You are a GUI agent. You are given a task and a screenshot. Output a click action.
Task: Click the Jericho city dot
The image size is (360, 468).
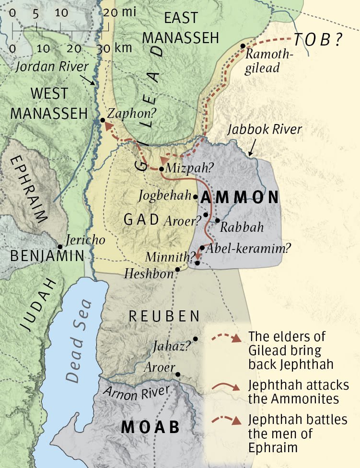click(x=60, y=247)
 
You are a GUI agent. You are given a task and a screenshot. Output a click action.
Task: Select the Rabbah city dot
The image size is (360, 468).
click(x=217, y=220)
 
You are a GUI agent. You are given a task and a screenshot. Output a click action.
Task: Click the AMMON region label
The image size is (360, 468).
click(x=239, y=197)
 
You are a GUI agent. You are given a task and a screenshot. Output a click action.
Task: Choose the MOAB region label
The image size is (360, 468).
click(x=151, y=427)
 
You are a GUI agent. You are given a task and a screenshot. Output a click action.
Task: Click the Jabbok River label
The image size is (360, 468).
click(x=265, y=129)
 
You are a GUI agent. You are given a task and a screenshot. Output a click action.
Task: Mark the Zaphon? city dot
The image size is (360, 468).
click(x=103, y=120)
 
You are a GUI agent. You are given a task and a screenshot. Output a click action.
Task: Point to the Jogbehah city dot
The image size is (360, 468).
click(x=195, y=196)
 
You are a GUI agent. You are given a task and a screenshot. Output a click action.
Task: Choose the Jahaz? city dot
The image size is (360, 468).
click(x=196, y=339)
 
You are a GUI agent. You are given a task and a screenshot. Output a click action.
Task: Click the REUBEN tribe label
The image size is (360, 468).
click(x=164, y=317)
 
